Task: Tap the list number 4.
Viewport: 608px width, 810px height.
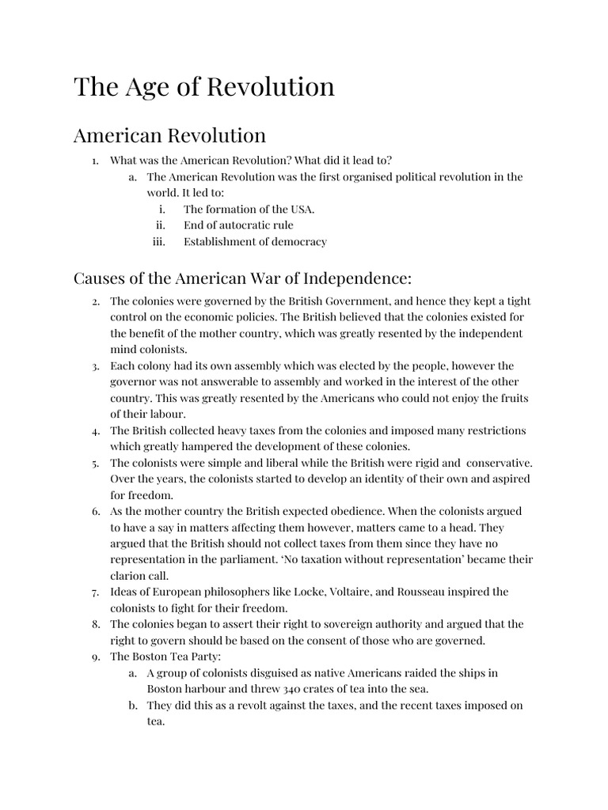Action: pos(94,431)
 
